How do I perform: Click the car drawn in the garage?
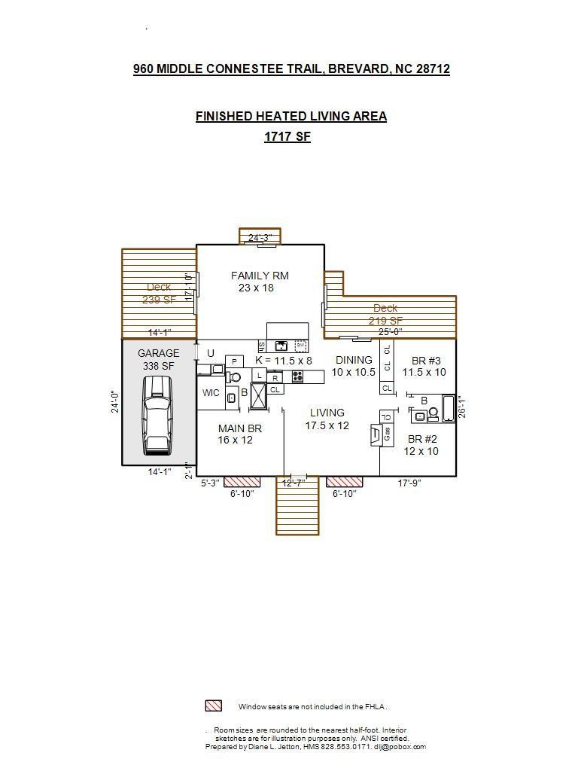[x=157, y=415]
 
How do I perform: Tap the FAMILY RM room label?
[x=260, y=276]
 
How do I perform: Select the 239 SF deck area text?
[x=158, y=299]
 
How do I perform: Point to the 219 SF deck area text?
[x=385, y=321]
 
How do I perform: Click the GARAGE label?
[x=158, y=353]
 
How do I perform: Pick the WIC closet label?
[x=211, y=393]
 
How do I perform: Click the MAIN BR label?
[x=240, y=428]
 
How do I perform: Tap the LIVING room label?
[x=327, y=413]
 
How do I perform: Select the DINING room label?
[x=354, y=360]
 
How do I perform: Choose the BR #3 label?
[x=424, y=360]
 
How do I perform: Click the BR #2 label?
[x=422, y=439]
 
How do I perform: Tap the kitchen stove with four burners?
[x=297, y=376]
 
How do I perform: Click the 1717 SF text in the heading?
[x=287, y=136]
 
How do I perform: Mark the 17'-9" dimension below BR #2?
[x=409, y=483]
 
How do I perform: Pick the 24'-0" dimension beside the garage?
[x=115, y=401]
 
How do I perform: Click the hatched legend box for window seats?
[x=213, y=706]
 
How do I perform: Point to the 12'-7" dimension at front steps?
[x=293, y=483]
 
